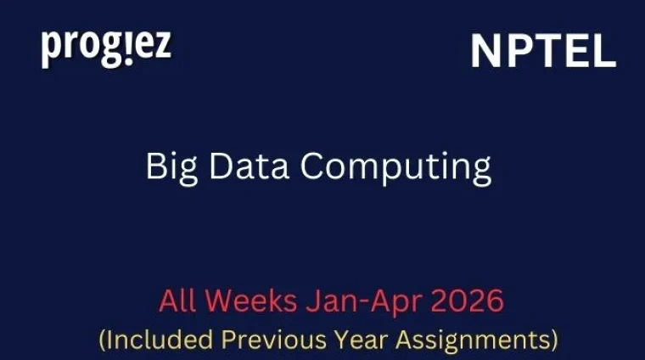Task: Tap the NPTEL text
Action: click(x=543, y=53)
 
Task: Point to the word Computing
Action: click(x=396, y=166)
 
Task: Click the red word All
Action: click(x=177, y=301)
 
